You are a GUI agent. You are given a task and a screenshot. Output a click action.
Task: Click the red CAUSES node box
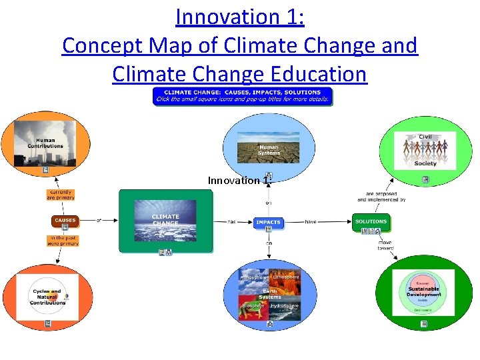tap(65, 221)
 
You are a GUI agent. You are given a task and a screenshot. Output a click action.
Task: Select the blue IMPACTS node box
tap(269, 222)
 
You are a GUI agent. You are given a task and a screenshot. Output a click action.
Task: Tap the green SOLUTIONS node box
tap(371, 221)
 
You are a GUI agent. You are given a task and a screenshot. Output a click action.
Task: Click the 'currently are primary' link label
tap(60, 195)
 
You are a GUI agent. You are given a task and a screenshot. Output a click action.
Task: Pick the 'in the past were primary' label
tap(63, 241)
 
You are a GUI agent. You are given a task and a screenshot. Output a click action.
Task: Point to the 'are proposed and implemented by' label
tap(381, 197)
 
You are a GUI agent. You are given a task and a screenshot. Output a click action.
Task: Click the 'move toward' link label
tap(385, 245)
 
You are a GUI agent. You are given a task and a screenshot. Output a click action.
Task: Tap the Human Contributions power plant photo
tap(46, 143)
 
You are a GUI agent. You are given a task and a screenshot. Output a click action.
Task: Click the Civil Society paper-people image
tap(425, 150)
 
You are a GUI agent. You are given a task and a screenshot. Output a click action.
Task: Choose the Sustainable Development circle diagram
tap(424, 293)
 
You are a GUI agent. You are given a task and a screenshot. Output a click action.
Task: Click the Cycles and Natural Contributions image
tap(48, 297)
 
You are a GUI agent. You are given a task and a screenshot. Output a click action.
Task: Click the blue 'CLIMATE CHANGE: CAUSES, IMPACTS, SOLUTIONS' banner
tap(242, 96)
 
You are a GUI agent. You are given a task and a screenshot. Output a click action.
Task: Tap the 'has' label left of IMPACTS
tap(232, 221)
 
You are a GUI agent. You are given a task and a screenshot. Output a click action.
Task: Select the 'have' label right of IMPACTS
tap(311, 221)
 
